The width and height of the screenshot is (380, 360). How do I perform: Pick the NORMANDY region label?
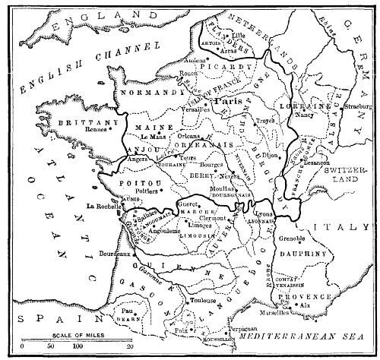pos(143,93)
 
